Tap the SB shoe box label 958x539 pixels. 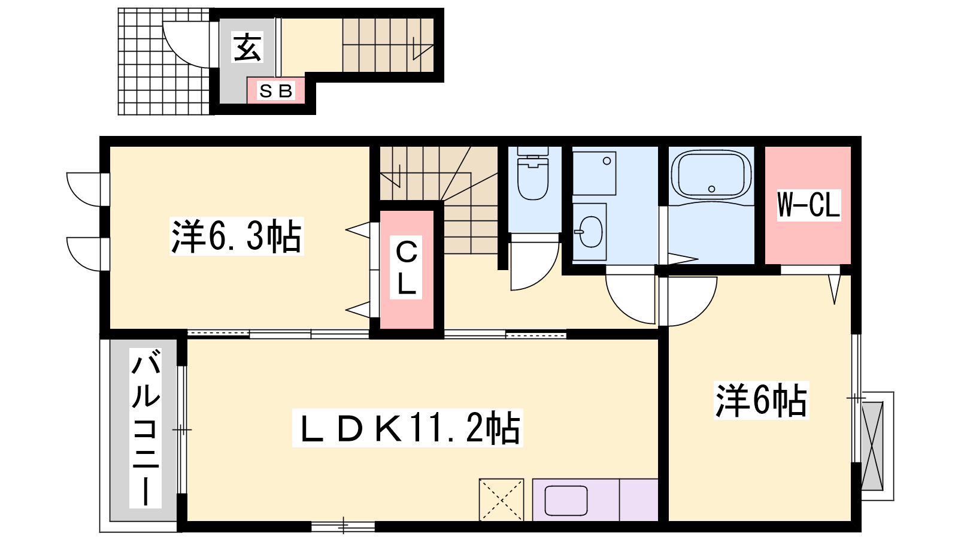click(276, 90)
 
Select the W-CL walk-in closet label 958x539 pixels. click(808, 205)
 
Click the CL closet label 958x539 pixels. click(407, 268)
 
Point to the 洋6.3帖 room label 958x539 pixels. click(237, 236)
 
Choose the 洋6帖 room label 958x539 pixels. click(761, 400)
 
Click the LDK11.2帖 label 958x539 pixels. click(408, 428)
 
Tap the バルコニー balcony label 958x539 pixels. click(145, 428)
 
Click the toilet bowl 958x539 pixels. click(533, 179)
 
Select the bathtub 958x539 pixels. click(711, 174)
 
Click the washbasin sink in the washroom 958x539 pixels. click(590, 232)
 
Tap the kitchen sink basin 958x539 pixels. click(566, 501)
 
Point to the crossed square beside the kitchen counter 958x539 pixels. click(501, 499)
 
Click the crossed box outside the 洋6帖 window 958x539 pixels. click(872, 446)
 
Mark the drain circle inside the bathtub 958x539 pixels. click(712, 189)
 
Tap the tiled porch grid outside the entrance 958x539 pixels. click(165, 61)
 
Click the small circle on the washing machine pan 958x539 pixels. click(607, 161)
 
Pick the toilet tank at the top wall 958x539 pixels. click(533, 151)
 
